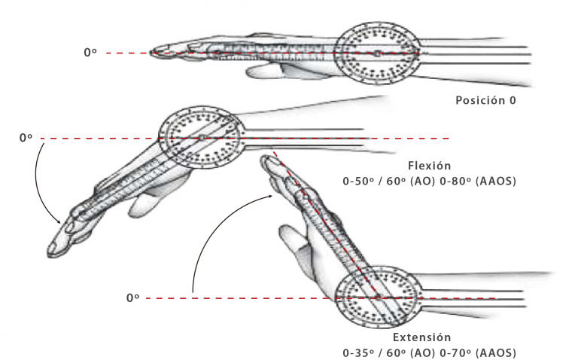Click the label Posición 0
click(485, 100)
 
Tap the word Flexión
click(429, 166)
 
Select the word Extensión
click(421, 337)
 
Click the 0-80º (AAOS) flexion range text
click(478, 181)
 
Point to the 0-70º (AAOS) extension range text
click(478, 352)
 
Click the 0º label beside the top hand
click(90, 53)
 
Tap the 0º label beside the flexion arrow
click(26, 138)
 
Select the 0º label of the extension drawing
click(132, 297)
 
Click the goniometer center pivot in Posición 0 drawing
click(377, 53)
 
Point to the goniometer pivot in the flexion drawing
click(202, 138)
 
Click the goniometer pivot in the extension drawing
click(378, 297)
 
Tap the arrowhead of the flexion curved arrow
click(58, 221)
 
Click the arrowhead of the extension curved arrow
click(270, 197)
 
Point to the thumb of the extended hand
click(291, 239)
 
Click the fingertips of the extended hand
click(268, 162)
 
